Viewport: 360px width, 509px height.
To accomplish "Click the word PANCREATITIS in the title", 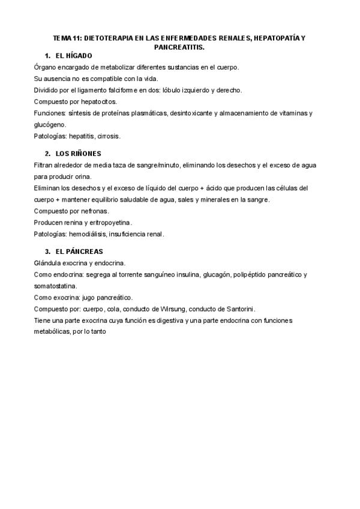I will tap(179, 46).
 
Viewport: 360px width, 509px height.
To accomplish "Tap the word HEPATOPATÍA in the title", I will tap(277, 38).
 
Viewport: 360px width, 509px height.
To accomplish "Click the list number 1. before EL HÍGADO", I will tap(48, 55).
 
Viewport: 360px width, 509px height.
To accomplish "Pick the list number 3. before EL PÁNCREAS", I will tap(48, 251).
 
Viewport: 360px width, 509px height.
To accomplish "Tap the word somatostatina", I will tap(56, 286).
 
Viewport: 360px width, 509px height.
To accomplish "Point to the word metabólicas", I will tap(54, 332).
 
